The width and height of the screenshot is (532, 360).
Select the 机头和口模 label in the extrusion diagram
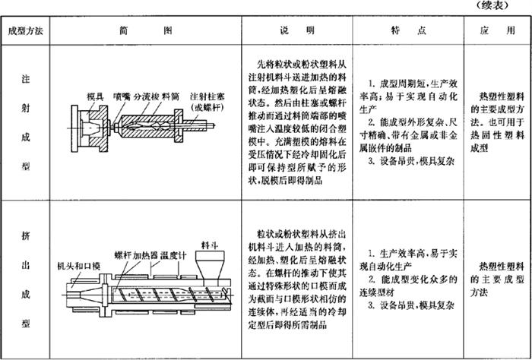coord(78,267)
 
